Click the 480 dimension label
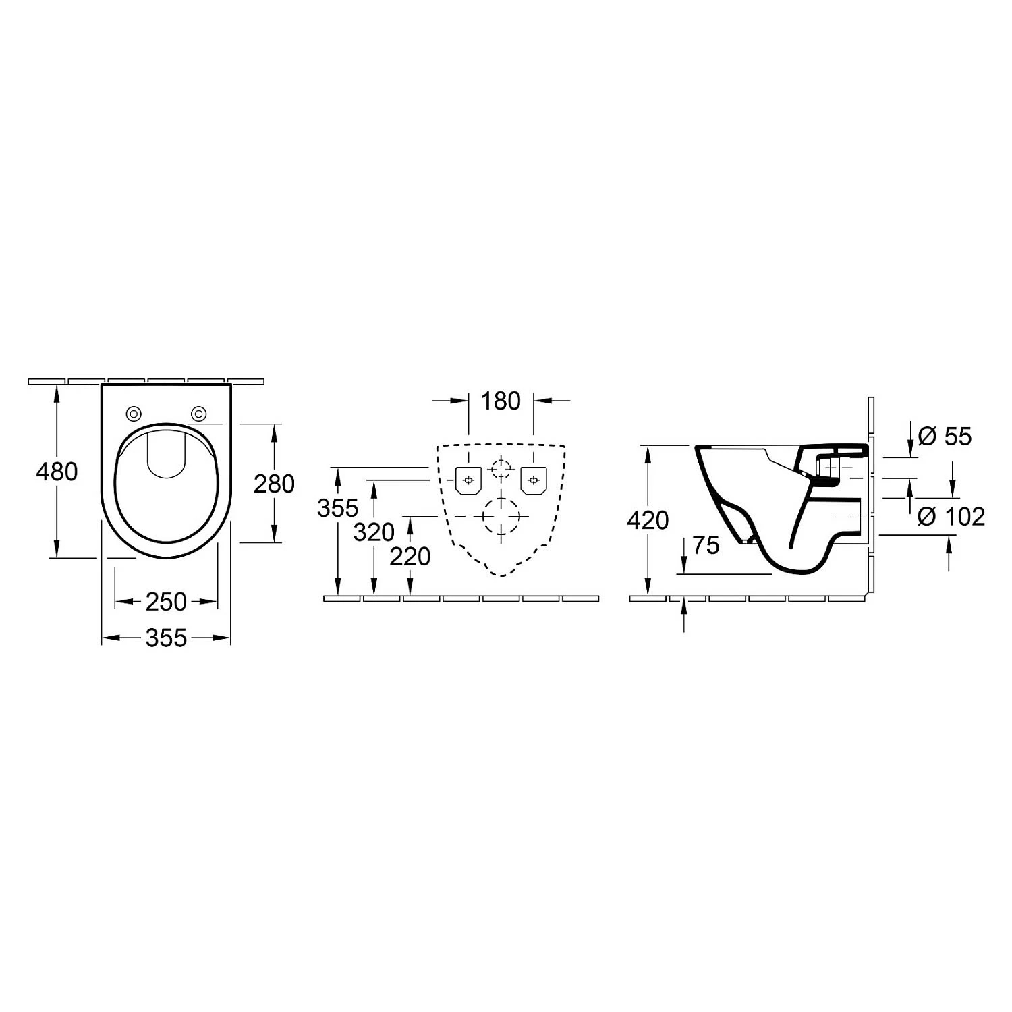[x=57, y=471]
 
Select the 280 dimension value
[x=274, y=483]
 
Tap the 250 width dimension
[x=166, y=601]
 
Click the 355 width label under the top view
[x=166, y=638]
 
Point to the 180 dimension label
[x=501, y=401]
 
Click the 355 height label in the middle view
[x=337, y=508]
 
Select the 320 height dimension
[x=374, y=532]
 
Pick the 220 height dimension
[x=410, y=556]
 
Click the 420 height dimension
[x=648, y=520]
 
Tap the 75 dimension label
[x=706, y=544]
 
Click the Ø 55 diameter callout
[x=945, y=437]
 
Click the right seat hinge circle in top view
[x=198, y=413]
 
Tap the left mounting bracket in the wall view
[x=468, y=480]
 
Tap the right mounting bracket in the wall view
[x=533, y=480]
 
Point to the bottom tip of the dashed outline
[x=501, y=575]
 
